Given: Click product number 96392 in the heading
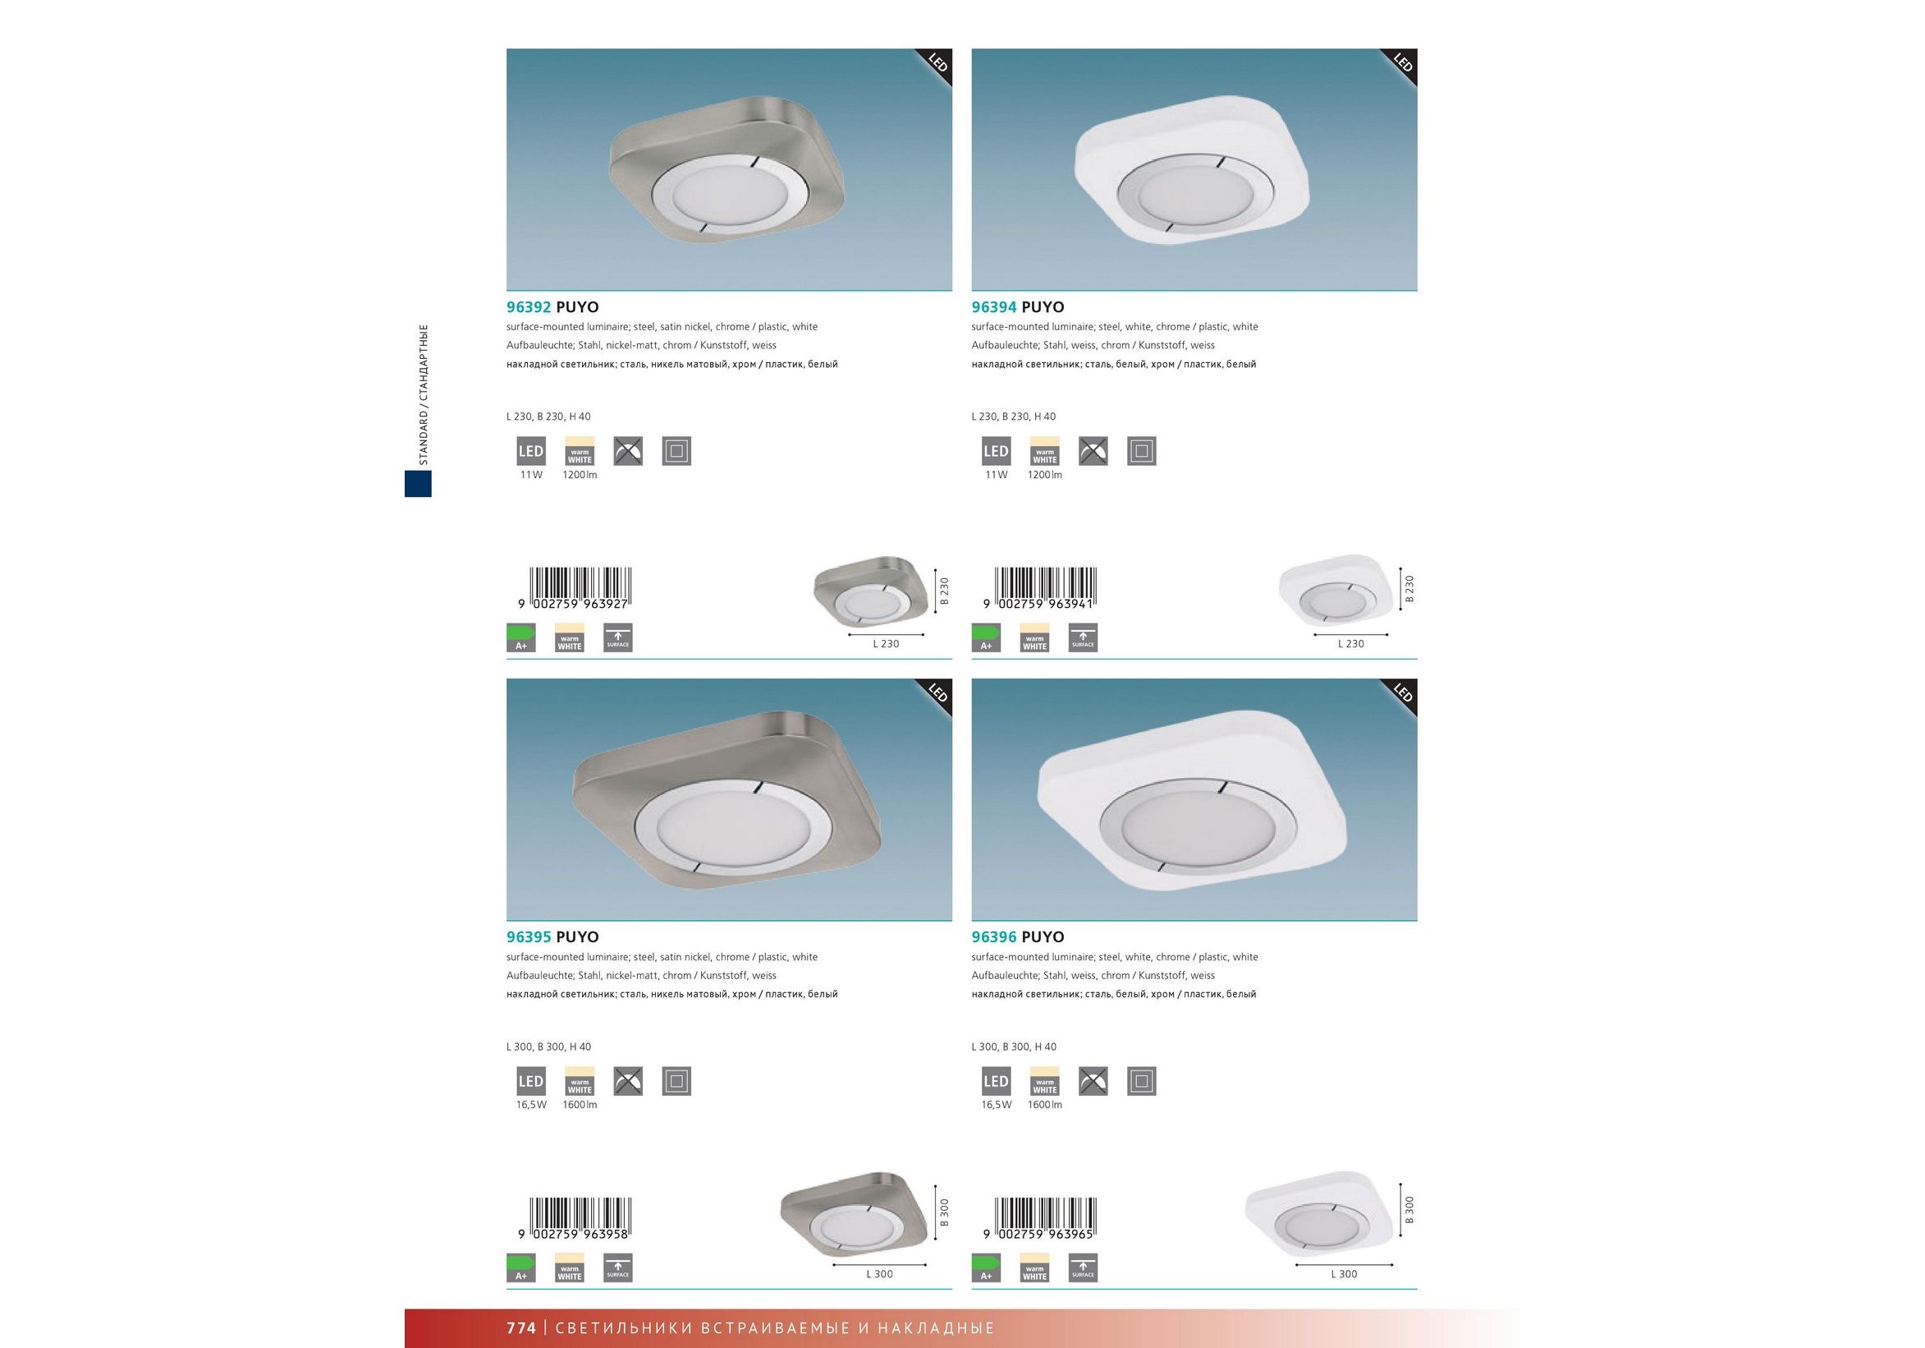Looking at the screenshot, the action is (x=528, y=307).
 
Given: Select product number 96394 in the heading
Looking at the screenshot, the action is (x=993, y=307).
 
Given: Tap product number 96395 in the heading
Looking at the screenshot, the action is (x=528, y=937).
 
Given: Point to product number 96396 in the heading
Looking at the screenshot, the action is (x=993, y=937).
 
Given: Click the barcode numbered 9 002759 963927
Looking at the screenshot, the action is (x=575, y=588).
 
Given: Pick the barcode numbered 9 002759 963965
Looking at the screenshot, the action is (x=1039, y=1219).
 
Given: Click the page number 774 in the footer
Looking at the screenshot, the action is (x=520, y=1327).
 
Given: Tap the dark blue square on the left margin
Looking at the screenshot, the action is (x=418, y=483).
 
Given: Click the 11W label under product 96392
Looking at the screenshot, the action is (x=531, y=475).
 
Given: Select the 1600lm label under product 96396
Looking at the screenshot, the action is (x=1045, y=1105).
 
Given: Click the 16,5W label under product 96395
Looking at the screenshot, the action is (x=531, y=1105).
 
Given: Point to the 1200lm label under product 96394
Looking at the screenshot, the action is (x=1045, y=475).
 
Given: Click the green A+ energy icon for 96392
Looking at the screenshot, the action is (x=520, y=637).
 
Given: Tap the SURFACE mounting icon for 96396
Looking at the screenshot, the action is (x=1084, y=1267).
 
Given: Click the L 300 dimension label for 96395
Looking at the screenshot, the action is (x=879, y=1274).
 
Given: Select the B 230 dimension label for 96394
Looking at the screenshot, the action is (x=1409, y=589).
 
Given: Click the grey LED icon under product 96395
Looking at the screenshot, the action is (x=531, y=1081).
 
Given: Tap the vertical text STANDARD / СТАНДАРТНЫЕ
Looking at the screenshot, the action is (x=424, y=394).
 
